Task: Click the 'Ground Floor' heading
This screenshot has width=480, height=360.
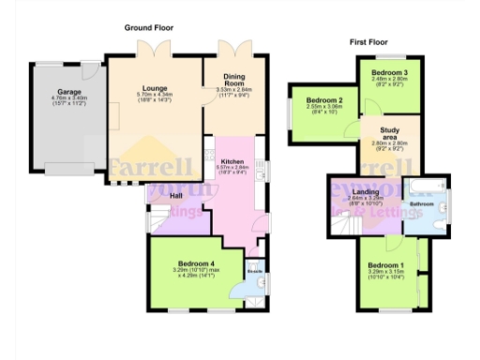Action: tap(149, 28)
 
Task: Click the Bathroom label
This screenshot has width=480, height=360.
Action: tap(421, 203)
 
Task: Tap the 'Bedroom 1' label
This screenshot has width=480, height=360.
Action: tap(386, 265)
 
